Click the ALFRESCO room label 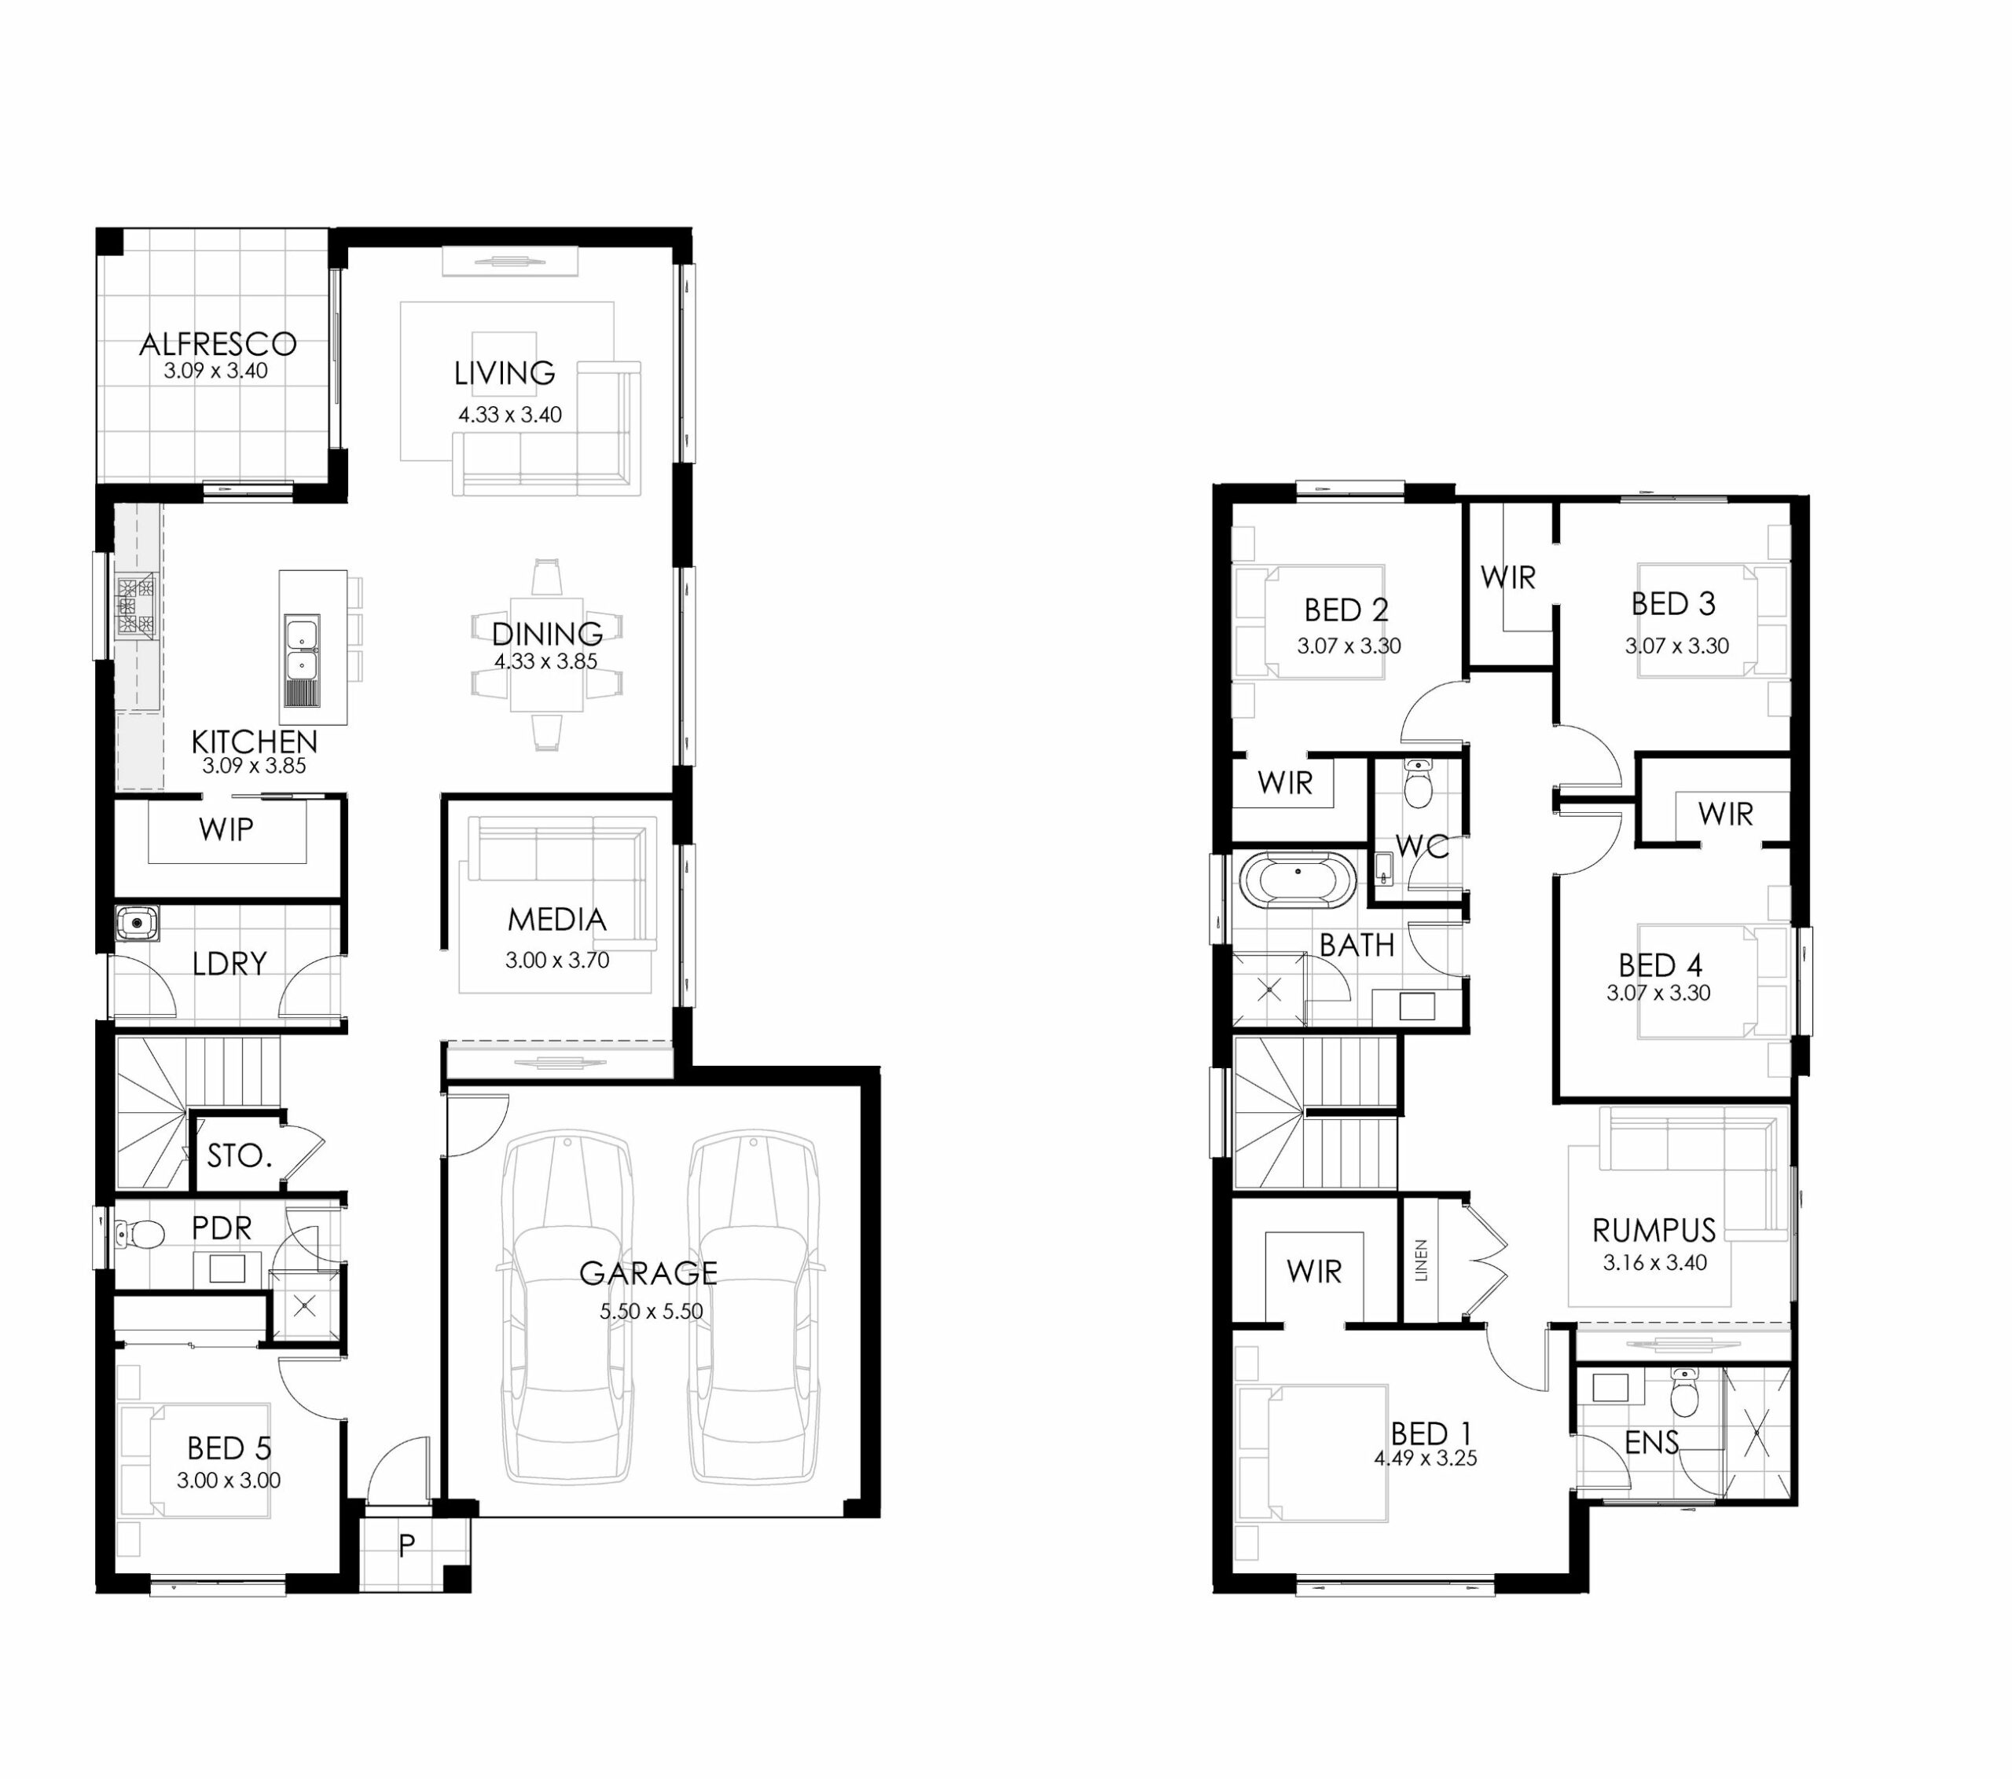[218, 343]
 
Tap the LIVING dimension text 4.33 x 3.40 [510, 414]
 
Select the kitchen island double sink [301, 650]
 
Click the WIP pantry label [226, 829]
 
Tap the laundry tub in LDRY [137, 923]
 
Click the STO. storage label [239, 1155]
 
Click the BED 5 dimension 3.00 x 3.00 [229, 1480]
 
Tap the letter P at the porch [406, 1546]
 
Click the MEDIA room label [557, 919]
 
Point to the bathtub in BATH [1298, 879]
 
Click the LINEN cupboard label [1420, 1260]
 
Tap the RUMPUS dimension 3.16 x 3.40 [1654, 1262]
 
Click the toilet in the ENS [1684, 1391]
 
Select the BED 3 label [1672, 603]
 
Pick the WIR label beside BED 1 [1314, 1272]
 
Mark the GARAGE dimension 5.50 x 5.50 [652, 1311]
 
